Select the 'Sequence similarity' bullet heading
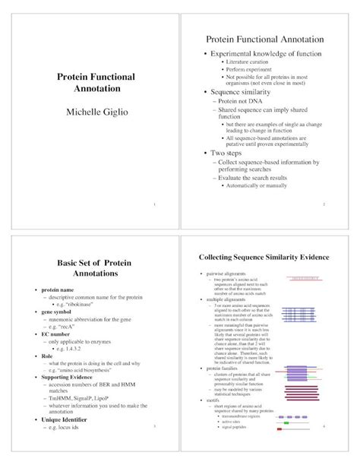tap(245, 93)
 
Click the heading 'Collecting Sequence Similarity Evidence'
tap(264, 258)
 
